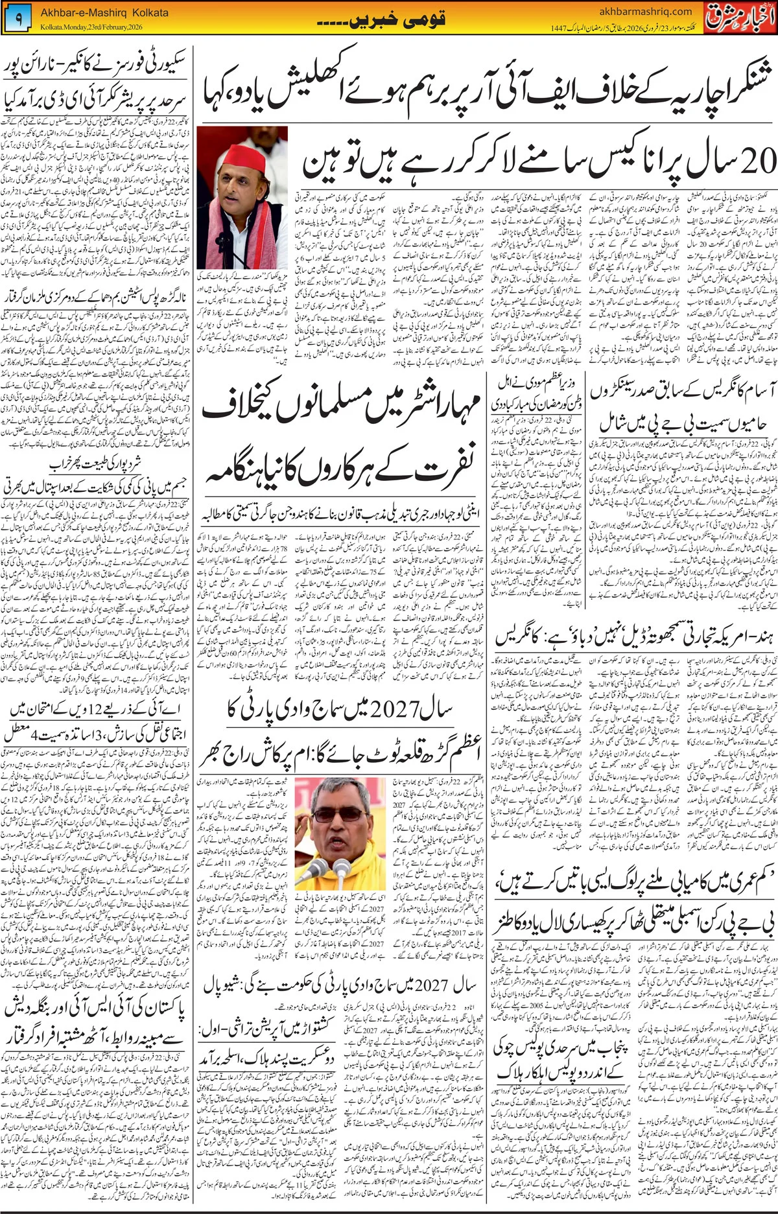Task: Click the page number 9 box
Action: tap(18, 19)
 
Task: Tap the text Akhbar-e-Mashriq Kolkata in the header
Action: tap(104, 12)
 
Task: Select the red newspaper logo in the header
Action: tap(740, 16)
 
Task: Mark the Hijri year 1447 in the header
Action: tap(560, 28)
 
